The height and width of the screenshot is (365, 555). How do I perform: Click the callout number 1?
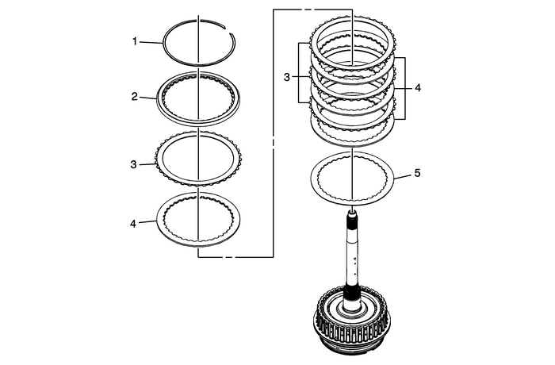tap(136, 39)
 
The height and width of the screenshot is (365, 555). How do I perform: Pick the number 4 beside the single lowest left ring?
tap(136, 223)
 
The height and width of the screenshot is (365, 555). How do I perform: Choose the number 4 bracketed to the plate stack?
tap(417, 88)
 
